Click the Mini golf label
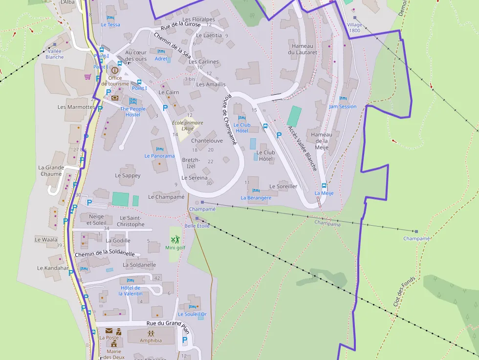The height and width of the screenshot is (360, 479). click(175, 248)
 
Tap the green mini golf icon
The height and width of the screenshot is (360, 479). click(175, 239)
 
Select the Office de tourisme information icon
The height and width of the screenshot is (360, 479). click(115, 70)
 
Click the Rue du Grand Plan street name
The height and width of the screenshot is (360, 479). click(168, 324)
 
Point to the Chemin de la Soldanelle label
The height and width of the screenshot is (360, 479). click(105, 254)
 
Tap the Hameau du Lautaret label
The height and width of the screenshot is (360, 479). click(303, 49)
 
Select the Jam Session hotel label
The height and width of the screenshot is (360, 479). click(343, 106)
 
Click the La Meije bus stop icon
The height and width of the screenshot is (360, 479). click(324, 186)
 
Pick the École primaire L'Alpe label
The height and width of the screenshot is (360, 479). click(188, 126)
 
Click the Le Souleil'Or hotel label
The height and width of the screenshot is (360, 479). click(192, 314)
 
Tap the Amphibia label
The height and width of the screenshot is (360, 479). click(151, 341)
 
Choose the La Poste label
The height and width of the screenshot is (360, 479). click(109, 338)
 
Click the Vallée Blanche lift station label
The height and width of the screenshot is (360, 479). click(55, 54)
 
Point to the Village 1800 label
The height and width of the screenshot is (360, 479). click(355, 27)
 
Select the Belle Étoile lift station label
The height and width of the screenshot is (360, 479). click(197, 226)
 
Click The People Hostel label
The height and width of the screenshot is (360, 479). click(133, 112)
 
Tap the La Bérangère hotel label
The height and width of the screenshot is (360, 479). click(256, 198)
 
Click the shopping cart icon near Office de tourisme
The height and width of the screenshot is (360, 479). click(87, 77)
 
